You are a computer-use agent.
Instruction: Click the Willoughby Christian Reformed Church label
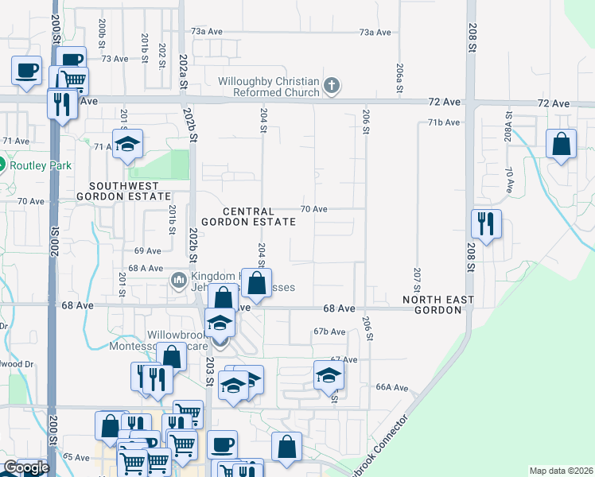(269, 87)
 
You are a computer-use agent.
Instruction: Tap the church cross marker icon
(332, 84)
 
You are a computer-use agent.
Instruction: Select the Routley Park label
(41, 166)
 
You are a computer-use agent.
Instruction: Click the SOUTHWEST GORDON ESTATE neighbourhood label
(124, 190)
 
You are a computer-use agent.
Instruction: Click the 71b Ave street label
(444, 122)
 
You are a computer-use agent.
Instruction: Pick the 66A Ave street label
(392, 387)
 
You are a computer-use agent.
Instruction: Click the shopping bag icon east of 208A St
(562, 145)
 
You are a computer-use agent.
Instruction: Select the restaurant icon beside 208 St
(485, 223)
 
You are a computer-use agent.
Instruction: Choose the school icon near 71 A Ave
(126, 144)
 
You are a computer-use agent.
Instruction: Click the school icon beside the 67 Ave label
(328, 375)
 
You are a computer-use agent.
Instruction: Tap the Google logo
(26, 468)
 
